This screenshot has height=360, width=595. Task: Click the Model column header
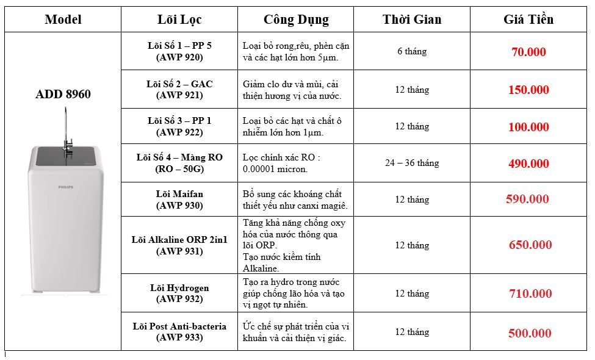pos(63,20)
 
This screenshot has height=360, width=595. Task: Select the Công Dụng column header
pos(296,20)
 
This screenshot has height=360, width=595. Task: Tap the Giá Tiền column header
pos(528,20)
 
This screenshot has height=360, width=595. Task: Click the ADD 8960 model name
pos(63,95)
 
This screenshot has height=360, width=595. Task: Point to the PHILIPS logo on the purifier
pos(65,187)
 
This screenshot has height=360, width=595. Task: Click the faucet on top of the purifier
pos(66,131)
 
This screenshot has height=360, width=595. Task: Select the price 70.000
pos(528,52)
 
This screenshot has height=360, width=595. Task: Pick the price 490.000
pos(528,164)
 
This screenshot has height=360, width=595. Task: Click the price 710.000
pos(530,294)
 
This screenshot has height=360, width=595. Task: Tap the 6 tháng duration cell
pos(411,51)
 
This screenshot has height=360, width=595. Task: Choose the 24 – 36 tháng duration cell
pos(411,163)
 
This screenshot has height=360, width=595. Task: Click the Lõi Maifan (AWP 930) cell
pos(179,200)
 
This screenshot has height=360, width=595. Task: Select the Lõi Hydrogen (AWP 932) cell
pos(179,293)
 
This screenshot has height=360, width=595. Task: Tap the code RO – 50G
pos(179,168)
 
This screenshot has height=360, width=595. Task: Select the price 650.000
pos(530,245)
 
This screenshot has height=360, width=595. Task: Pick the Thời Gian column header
pos(411,20)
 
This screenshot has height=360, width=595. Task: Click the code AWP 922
pos(179,132)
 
